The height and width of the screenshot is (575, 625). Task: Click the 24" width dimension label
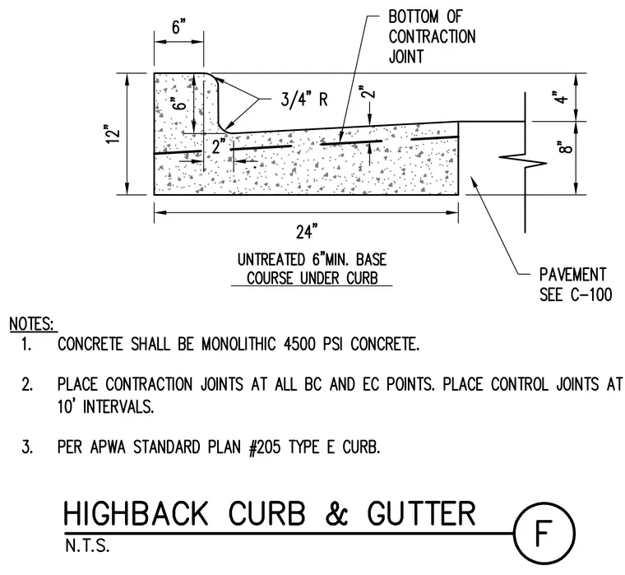[307, 232]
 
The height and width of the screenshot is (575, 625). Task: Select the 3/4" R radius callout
[304, 99]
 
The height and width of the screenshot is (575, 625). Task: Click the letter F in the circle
[544, 532]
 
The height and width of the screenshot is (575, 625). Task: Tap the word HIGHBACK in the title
[136, 513]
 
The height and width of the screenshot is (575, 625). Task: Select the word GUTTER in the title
[421, 513]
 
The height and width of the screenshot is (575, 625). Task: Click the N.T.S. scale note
[87, 546]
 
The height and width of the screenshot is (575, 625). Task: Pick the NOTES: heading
[32, 324]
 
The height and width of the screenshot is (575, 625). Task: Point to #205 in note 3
[265, 447]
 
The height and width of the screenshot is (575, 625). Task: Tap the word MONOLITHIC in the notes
[238, 344]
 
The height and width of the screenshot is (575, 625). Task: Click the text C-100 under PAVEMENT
[591, 294]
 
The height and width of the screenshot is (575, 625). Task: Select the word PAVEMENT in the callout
[573, 275]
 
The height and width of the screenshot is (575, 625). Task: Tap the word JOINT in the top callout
[406, 57]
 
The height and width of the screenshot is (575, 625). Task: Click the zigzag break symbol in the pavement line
[523, 160]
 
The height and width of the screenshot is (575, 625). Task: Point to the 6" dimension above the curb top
[179, 27]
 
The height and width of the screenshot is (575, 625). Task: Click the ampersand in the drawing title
[337, 513]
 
